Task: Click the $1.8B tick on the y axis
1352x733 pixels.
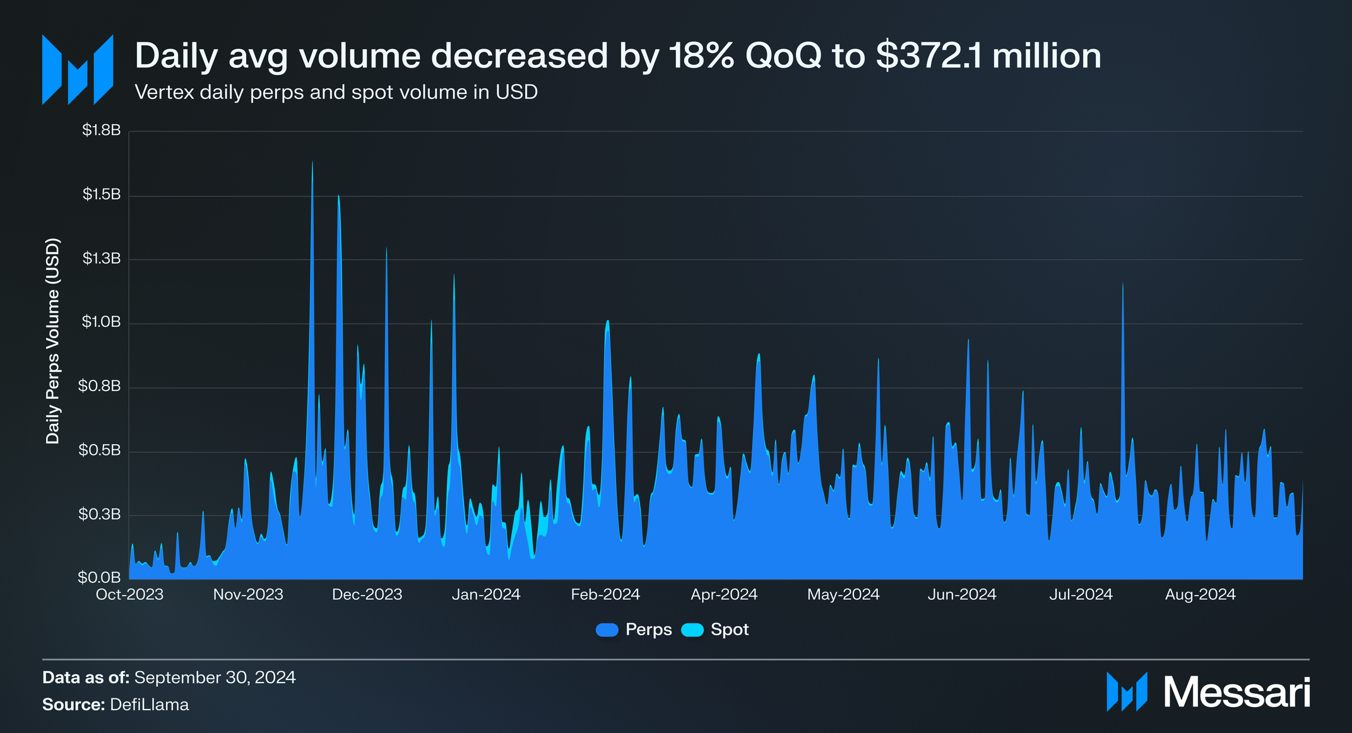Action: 101,131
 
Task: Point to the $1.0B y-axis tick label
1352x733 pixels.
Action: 101,322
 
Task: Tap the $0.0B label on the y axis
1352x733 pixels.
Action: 99,577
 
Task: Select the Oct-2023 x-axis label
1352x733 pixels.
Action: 129,595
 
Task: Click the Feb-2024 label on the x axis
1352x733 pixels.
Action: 605,595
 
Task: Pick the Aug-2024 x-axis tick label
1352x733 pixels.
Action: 1200,595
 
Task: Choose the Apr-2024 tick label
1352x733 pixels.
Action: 724,595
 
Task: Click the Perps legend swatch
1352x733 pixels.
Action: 607,630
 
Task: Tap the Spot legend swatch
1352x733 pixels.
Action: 692,630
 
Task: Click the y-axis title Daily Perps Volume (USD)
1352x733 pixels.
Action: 53,341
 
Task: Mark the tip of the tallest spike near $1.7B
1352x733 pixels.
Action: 312,162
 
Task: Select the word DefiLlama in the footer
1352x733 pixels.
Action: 149,705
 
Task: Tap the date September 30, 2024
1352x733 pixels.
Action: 215,677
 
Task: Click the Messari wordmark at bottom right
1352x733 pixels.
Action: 1236,693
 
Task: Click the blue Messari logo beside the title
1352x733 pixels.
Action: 78,69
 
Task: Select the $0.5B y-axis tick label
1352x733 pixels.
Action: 99,450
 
